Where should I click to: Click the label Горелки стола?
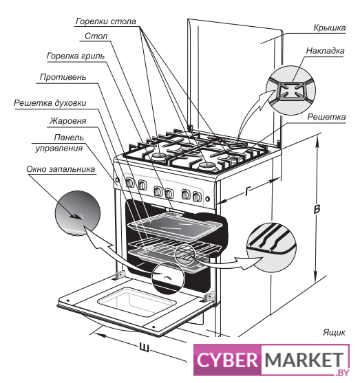click(x=106, y=21)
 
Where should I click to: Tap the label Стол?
click(x=96, y=36)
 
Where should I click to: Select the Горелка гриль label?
click(x=76, y=56)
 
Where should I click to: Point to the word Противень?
click(x=63, y=77)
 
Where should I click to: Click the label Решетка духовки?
click(x=50, y=103)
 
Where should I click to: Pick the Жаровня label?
click(x=68, y=121)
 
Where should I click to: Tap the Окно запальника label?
click(x=61, y=169)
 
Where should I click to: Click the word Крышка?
click(x=330, y=28)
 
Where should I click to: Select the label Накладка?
click(x=326, y=51)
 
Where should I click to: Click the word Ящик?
click(x=334, y=332)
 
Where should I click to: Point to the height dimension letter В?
click(x=317, y=209)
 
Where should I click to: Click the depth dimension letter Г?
click(x=248, y=190)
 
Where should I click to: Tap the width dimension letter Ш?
click(x=144, y=347)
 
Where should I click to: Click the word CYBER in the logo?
click(x=227, y=360)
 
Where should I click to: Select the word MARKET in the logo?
click(x=304, y=360)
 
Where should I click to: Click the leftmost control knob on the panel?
click(x=130, y=183)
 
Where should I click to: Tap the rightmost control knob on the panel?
click(x=197, y=197)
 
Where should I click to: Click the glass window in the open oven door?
click(x=137, y=302)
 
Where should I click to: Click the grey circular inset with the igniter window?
click(x=78, y=213)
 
